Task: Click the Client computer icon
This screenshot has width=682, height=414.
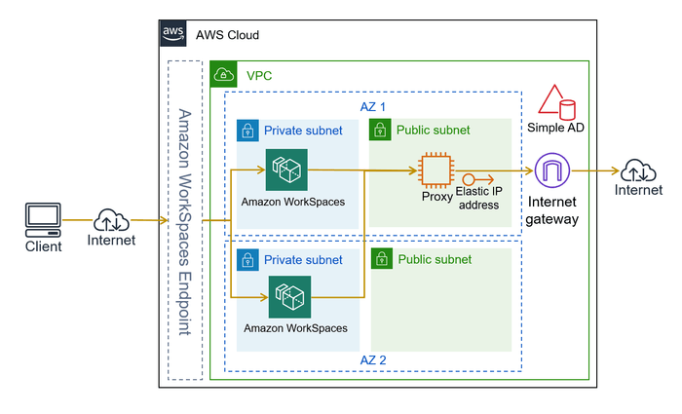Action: click(43, 219)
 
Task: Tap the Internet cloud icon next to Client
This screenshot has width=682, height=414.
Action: click(111, 220)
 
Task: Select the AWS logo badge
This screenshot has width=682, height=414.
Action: click(173, 32)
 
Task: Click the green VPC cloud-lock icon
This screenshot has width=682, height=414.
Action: click(224, 73)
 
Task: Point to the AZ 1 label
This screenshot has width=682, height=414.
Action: click(374, 105)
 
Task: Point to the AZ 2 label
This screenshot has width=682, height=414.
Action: click(374, 360)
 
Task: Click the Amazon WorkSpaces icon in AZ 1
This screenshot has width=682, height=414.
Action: click(286, 169)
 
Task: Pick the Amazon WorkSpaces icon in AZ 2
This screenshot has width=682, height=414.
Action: click(290, 296)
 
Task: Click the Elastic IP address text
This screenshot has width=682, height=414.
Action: click(477, 199)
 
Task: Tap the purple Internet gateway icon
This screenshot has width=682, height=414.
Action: click(552, 170)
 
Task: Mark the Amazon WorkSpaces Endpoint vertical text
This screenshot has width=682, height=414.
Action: click(184, 222)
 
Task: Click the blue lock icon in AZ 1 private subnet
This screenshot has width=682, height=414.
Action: click(248, 131)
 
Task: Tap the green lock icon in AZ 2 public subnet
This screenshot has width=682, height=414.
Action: click(383, 259)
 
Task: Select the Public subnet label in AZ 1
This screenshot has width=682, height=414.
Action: click(433, 131)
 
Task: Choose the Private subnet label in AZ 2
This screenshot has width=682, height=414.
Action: click(303, 260)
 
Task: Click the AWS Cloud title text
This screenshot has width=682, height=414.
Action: click(227, 35)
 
